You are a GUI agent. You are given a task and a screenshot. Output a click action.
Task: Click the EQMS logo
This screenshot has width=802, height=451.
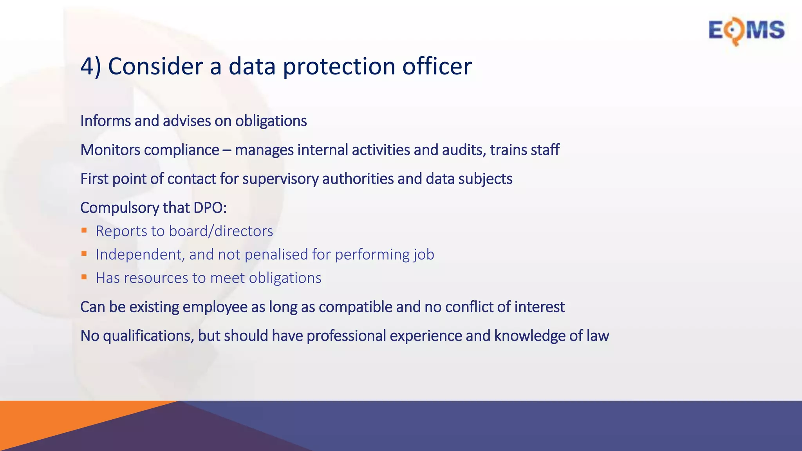pos(746,31)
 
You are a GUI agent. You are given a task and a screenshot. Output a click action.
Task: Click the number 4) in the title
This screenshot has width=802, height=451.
pos(90,66)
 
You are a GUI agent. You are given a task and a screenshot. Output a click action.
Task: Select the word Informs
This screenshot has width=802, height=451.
pos(106,121)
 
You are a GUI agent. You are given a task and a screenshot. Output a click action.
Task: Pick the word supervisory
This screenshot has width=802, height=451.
pos(280,179)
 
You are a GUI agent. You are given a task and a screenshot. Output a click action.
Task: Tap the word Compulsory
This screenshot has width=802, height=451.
pos(119,208)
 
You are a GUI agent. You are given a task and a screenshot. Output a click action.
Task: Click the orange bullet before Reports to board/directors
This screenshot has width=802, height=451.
pos(84,231)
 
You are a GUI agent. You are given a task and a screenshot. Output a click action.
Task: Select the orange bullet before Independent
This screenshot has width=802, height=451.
pos(84,254)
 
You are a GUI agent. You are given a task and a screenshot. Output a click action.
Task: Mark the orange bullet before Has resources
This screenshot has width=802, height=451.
pos(84,277)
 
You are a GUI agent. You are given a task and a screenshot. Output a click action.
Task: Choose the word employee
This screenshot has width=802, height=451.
pos(215,307)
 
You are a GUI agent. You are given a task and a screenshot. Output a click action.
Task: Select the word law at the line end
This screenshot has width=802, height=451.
pos(598,336)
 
